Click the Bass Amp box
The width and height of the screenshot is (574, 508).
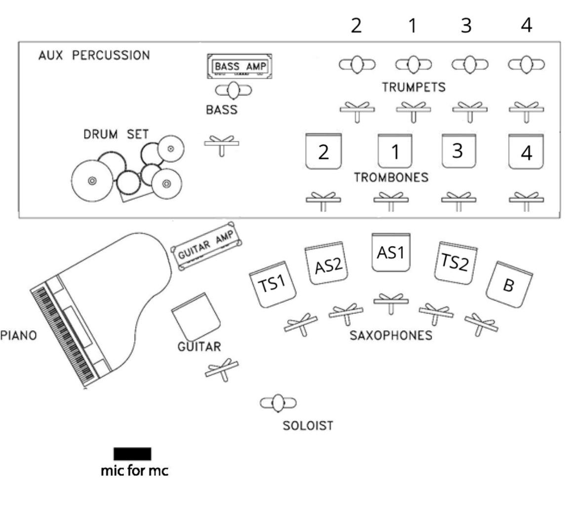tap(239, 66)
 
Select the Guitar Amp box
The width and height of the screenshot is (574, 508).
tap(206, 246)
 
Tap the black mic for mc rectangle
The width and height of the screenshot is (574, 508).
tap(132, 454)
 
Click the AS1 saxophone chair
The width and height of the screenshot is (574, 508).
tap(390, 252)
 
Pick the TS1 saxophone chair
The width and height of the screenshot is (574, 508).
tap(272, 284)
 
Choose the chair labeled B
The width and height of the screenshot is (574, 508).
tap(509, 284)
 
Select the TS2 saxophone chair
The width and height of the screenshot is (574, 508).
tap(456, 263)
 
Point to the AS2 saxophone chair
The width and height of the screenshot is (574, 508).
tap(326, 263)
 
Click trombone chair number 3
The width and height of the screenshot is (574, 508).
tap(459, 151)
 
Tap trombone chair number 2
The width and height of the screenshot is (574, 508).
tap(323, 151)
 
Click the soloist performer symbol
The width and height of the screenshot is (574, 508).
tap(278, 403)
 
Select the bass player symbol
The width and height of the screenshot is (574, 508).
tap(233, 90)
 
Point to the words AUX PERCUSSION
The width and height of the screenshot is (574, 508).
tap(94, 55)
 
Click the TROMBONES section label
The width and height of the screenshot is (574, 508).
tap(391, 177)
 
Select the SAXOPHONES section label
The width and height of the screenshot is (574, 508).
tap(391, 335)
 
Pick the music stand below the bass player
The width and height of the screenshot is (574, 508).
tap(222, 145)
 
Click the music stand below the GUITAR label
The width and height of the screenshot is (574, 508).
tap(222, 370)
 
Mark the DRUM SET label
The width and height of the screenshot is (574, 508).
tap(116, 134)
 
